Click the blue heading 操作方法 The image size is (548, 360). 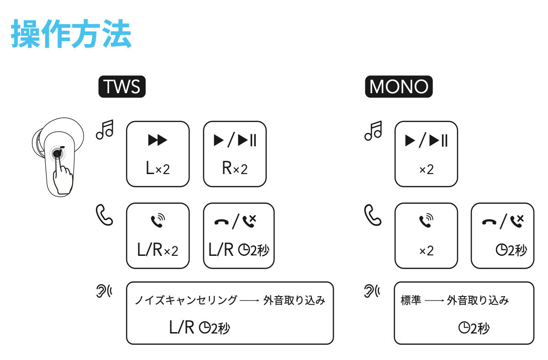[x=71, y=33]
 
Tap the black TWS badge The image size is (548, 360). [x=122, y=86]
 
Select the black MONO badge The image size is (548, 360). [x=399, y=86]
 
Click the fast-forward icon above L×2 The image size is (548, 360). [x=158, y=140]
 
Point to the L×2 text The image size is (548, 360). [x=158, y=168]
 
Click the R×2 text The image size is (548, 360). [x=235, y=168]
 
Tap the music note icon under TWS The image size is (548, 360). [x=105, y=129]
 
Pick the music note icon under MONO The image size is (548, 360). [x=373, y=131]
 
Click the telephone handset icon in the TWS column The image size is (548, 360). [x=104, y=215]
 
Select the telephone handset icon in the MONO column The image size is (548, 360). [x=373, y=215]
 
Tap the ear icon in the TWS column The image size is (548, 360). [x=104, y=291]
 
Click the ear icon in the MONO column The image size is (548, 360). [x=372, y=291]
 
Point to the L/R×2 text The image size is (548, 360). [x=158, y=249]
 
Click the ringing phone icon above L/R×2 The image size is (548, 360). [x=158, y=220]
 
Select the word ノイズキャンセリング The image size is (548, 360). [x=186, y=300]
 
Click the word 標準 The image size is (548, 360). [x=411, y=300]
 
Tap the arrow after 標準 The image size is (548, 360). [x=434, y=301]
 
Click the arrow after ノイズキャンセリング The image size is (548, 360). [x=249, y=301]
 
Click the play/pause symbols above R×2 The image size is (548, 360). [x=235, y=140]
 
